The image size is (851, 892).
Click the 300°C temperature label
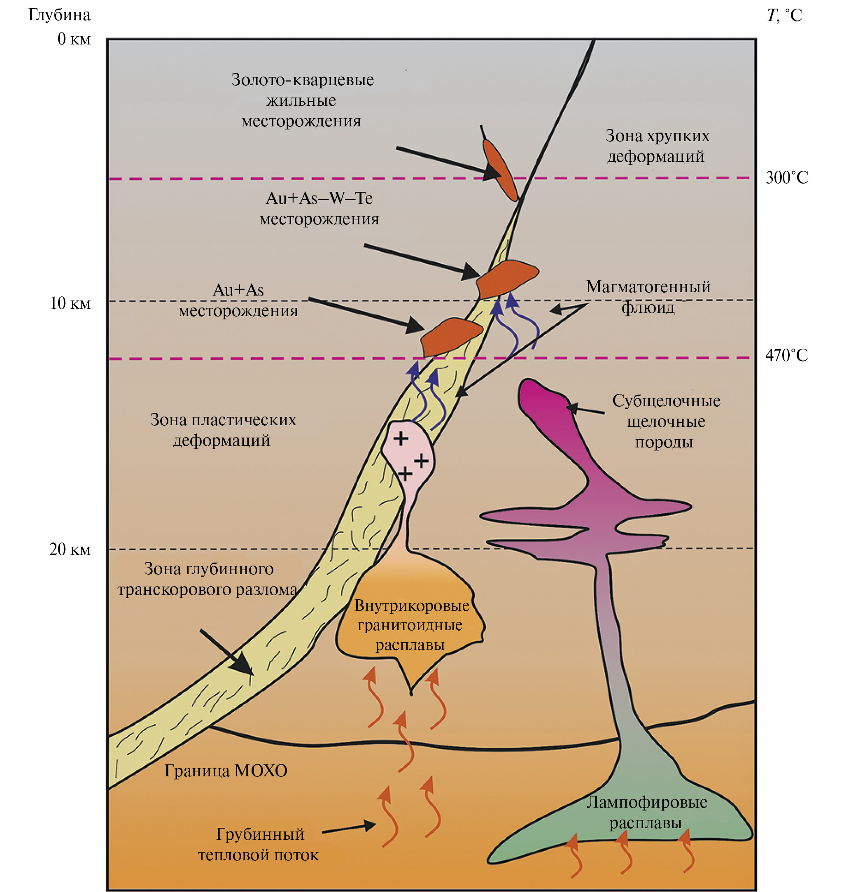(x=787, y=177)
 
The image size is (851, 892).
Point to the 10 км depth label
(x=70, y=303)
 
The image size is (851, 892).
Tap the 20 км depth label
(x=70, y=549)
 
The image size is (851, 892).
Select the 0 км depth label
(x=73, y=39)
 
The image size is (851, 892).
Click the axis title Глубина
(x=59, y=15)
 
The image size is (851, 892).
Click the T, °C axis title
(x=784, y=15)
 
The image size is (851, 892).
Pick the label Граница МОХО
(x=226, y=771)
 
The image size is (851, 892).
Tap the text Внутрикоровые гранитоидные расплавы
(x=411, y=625)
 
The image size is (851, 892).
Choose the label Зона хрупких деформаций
(x=657, y=146)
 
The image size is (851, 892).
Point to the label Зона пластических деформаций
(x=222, y=430)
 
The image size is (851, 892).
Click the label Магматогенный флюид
(x=648, y=297)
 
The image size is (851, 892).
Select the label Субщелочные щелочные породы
(x=665, y=421)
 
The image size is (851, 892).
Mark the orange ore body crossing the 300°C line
(x=500, y=170)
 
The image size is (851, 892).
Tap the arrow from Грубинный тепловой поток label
(x=348, y=829)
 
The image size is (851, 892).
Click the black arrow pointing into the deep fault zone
(x=226, y=652)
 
